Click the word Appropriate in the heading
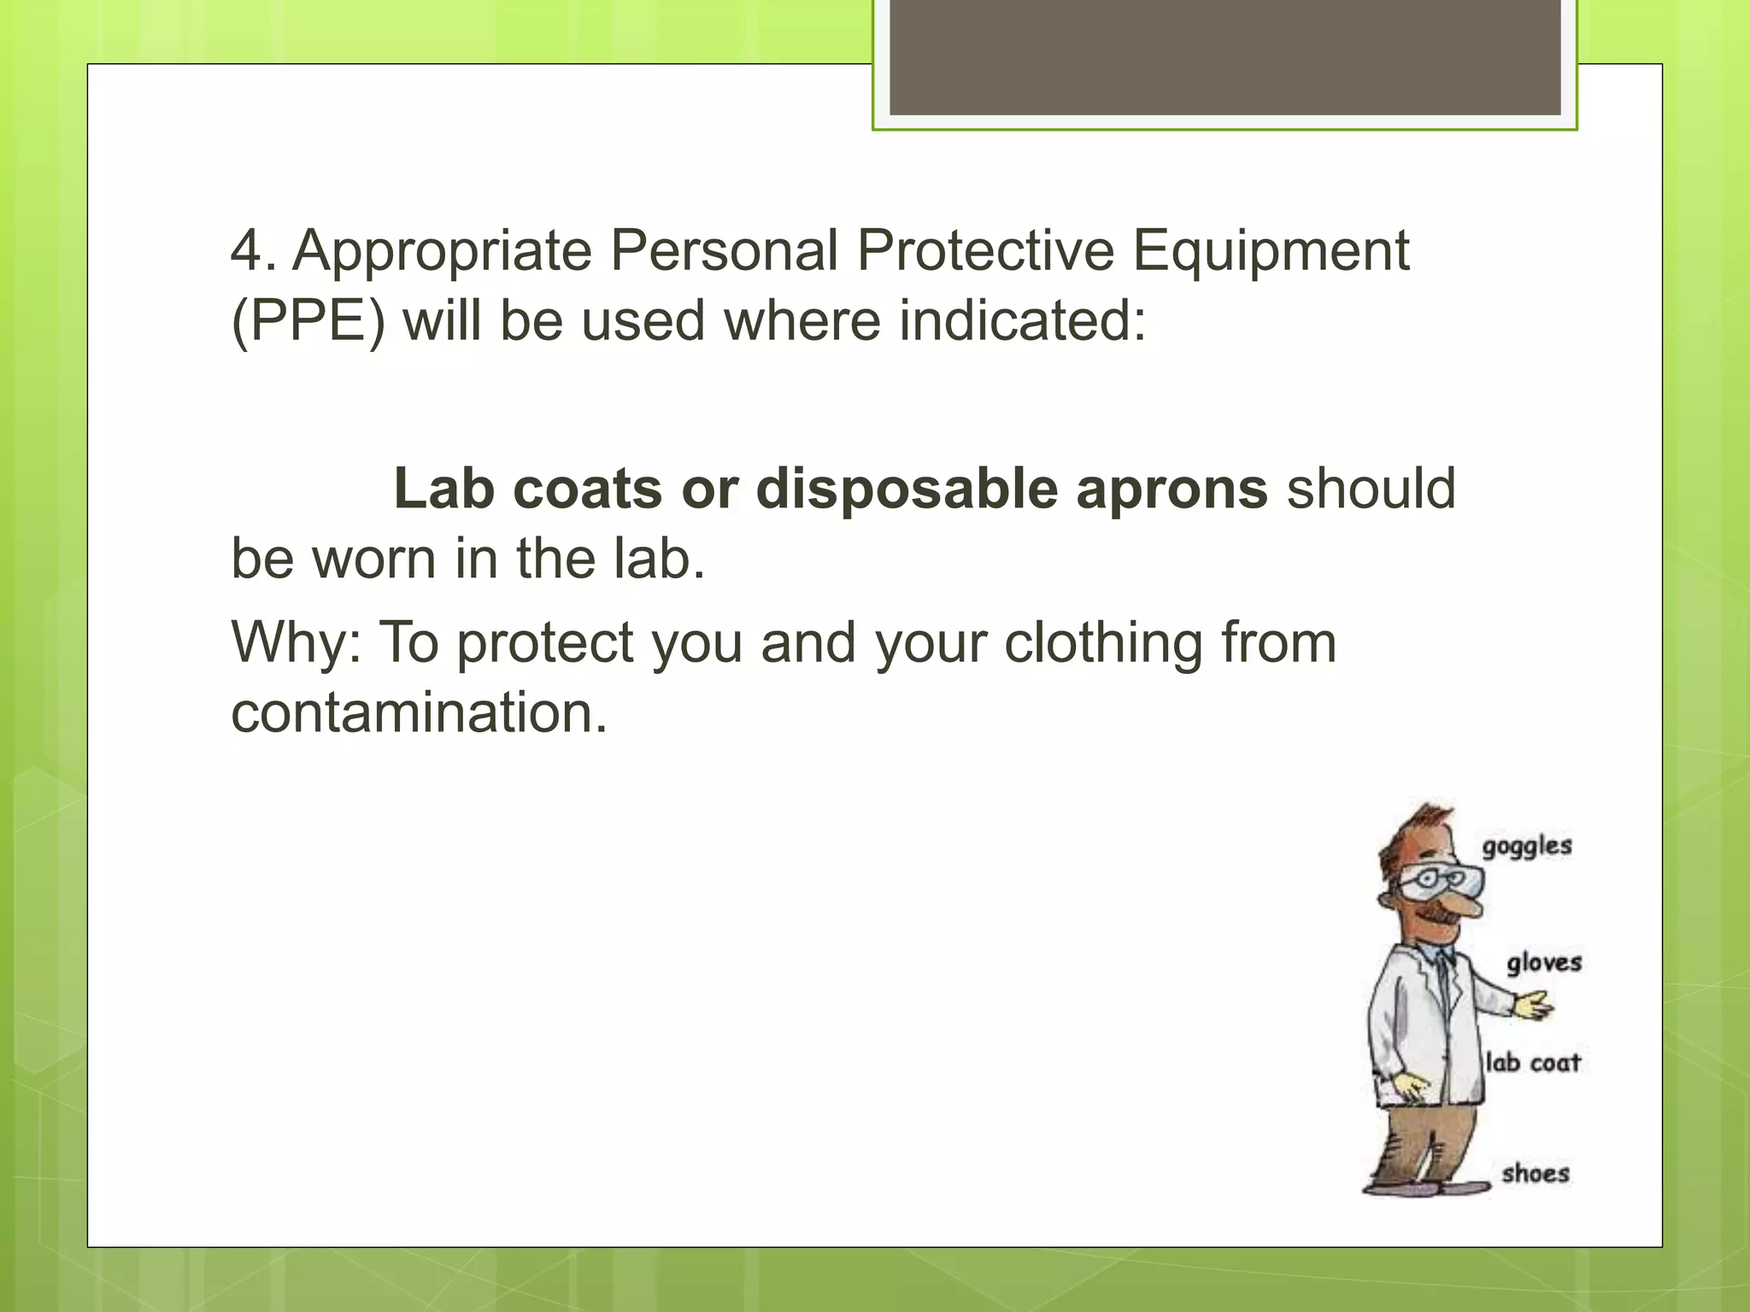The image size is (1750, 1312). click(x=442, y=252)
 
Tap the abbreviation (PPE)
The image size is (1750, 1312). click(x=308, y=322)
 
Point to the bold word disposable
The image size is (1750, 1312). click(x=906, y=489)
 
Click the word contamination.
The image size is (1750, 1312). click(x=419, y=712)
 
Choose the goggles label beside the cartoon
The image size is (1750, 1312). click(x=1526, y=846)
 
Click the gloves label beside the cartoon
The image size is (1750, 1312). click(x=1543, y=963)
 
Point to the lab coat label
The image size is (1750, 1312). click(x=1532, y=1063)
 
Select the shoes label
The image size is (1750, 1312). click(x=1535, y=1173)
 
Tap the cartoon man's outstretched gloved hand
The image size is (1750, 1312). click(x=1533, y=1005)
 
